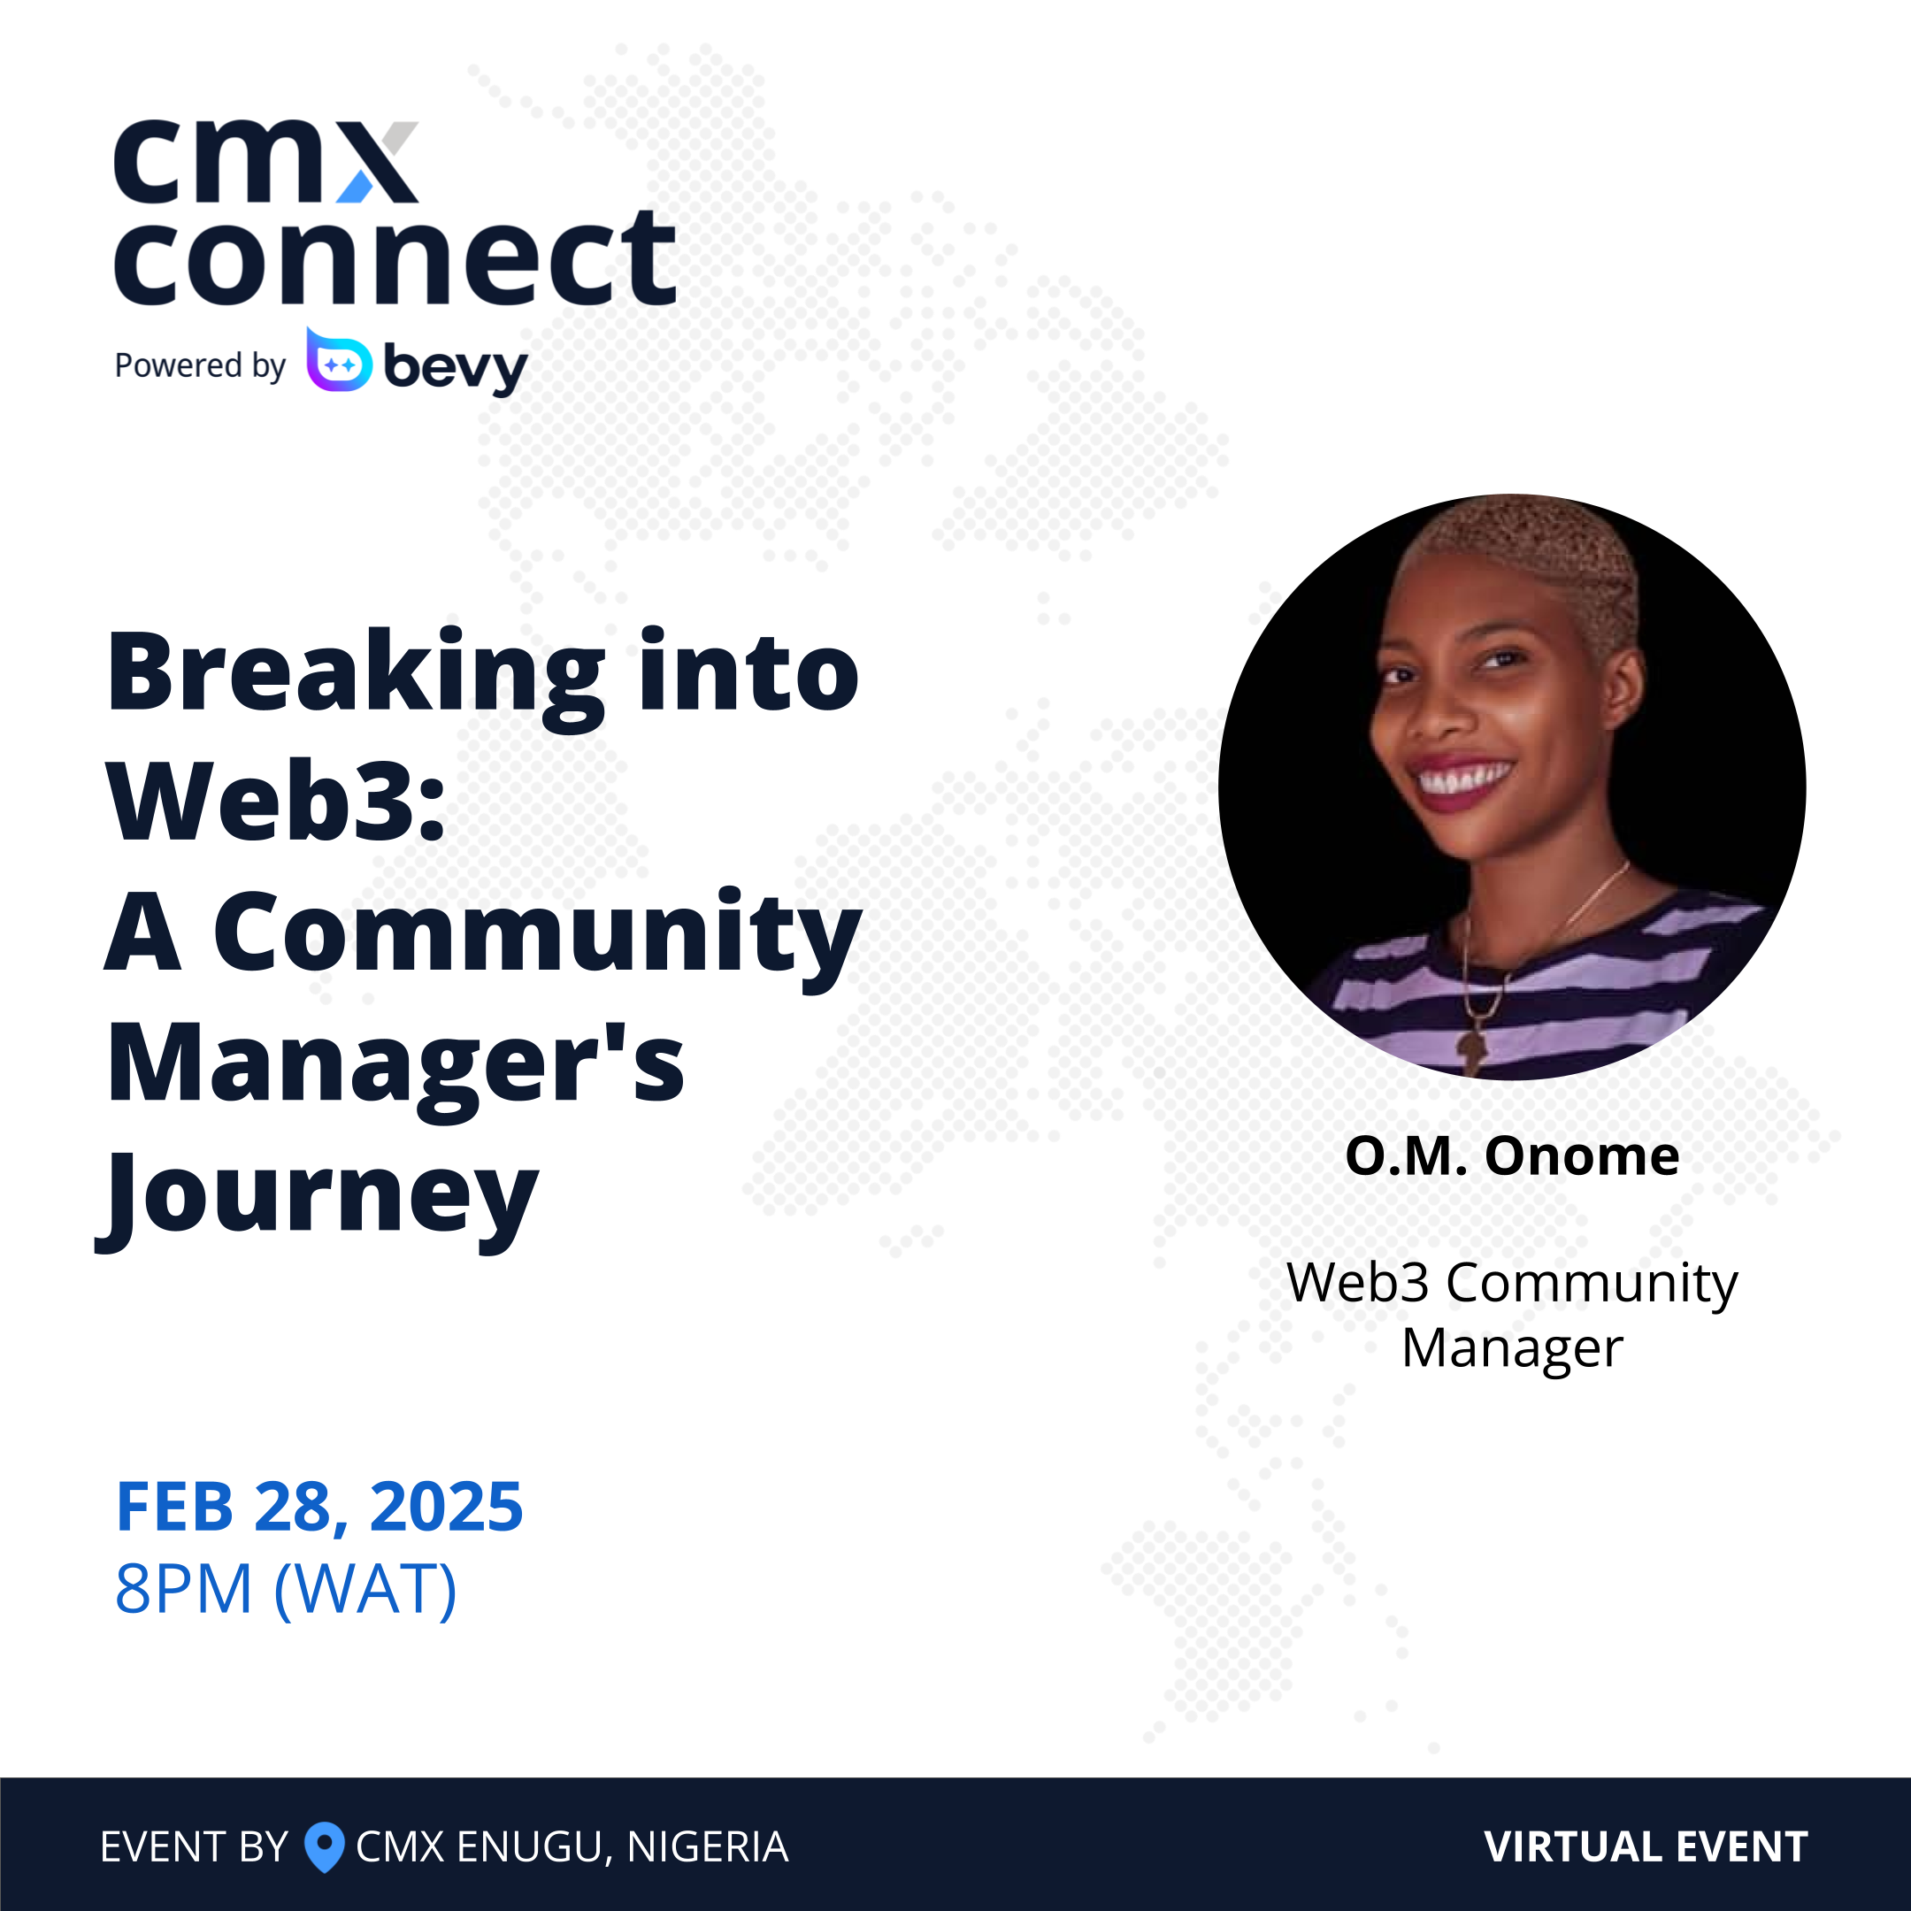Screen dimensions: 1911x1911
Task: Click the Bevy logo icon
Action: [339, 361]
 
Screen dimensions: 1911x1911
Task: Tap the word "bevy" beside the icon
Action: [455, 367]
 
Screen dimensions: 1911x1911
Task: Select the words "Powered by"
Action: [200, 366]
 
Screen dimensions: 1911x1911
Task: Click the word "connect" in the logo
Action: [395, 259]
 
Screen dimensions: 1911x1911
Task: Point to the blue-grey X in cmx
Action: [379, 163]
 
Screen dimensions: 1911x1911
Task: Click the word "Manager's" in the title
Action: [395, 1064]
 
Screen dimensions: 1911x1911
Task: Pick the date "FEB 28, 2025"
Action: [319, 1508]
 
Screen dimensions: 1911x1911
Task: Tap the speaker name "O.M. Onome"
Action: [1511, 1155]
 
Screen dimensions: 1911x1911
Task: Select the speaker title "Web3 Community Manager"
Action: [1511, 1315]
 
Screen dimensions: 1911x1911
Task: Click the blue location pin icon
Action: [324, 1846]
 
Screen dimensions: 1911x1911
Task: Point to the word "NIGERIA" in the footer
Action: [707, 1846]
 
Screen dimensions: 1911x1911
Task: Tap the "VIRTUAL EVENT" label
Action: [1646, 1846]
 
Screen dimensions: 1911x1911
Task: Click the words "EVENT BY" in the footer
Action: [194, 1846]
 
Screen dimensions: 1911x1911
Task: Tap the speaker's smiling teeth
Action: [1465, 779]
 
